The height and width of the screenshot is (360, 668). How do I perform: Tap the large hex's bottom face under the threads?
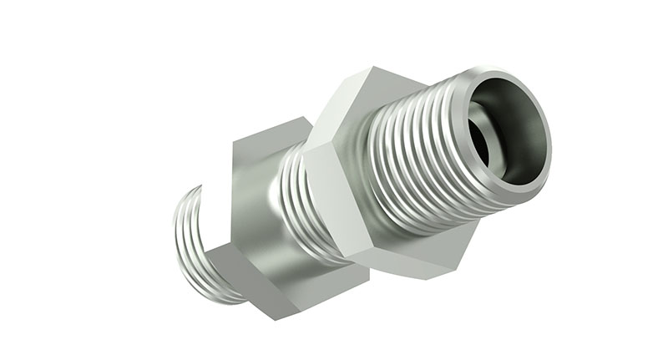(426, 255)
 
